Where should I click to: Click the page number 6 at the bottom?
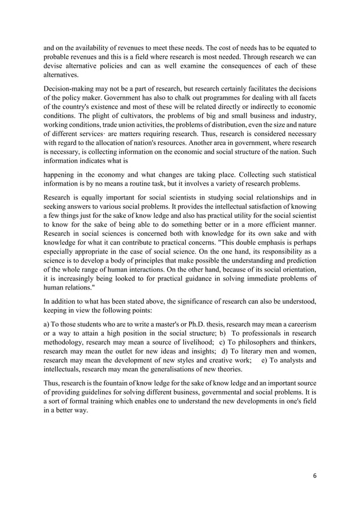tap(315, 475)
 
